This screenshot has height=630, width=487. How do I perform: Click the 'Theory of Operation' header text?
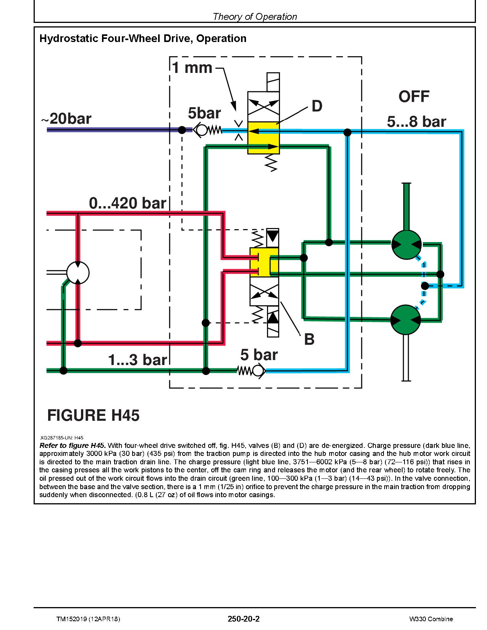254,16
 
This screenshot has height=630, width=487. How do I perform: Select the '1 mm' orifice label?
192,68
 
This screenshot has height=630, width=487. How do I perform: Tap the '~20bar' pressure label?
66,119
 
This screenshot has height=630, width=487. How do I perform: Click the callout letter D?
317,106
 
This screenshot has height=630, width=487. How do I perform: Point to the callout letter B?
309,339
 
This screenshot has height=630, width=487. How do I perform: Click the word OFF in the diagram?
414,97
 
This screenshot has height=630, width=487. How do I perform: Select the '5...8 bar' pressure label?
416,122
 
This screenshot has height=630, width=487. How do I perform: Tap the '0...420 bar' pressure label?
128,203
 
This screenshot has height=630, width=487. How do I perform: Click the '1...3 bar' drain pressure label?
138,360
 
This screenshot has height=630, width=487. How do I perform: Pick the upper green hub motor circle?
406,244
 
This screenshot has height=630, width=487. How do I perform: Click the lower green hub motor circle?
406,320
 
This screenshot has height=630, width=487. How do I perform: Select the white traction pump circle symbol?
78,273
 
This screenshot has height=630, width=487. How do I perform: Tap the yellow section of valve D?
264,138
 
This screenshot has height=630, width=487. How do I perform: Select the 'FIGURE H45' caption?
93,415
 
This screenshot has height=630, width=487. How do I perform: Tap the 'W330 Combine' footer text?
430,619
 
